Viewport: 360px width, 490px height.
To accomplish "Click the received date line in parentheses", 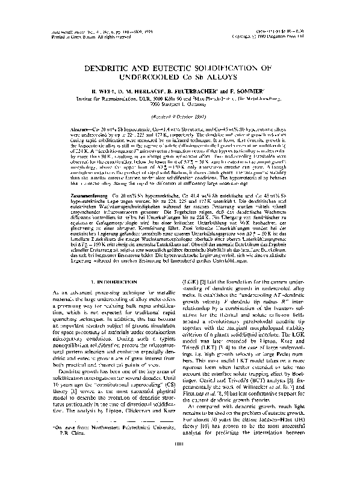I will click(x=181, y=116).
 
